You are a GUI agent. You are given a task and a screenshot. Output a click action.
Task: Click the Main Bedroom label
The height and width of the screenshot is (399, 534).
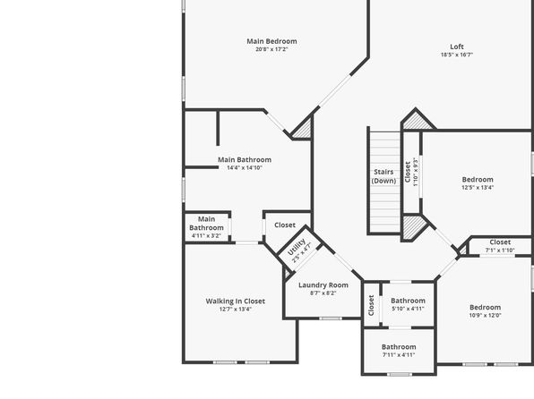click(x=271, y=41)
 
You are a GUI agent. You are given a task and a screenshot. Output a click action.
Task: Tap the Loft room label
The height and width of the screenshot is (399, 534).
click(x=457, y=47)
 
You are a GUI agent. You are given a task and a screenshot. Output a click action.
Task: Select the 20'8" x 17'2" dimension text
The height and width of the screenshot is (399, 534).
click(x=271, y=49)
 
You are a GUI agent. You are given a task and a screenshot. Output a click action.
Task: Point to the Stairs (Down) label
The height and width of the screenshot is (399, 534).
click(x=383, y=176)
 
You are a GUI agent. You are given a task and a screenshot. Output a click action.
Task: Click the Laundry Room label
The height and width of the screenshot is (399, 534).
click(x=323, y=285)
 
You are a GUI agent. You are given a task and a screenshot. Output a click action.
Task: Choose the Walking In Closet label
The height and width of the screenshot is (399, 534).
click(x=236, y=301)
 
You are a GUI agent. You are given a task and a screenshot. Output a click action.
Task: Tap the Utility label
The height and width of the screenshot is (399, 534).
click(x=296, y=247)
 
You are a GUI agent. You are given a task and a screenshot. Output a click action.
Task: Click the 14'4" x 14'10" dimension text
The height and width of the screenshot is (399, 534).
click(x=245, y=167)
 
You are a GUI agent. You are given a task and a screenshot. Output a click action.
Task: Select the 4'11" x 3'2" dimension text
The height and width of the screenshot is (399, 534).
click(x=206, y=235)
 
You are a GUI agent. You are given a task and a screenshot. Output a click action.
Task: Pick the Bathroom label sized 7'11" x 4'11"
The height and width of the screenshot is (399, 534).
click(x=399, y=347)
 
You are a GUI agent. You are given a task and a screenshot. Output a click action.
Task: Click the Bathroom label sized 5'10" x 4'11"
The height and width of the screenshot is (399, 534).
click(x=408, y=301)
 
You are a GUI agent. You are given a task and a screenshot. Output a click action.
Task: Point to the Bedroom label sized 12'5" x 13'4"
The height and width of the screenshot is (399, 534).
click(x=478, y=180)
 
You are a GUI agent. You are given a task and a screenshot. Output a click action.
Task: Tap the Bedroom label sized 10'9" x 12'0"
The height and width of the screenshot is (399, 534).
click(x=486, y=308)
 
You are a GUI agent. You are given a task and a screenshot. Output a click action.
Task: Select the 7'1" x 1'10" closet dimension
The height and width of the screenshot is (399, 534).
click(x=500, y=250)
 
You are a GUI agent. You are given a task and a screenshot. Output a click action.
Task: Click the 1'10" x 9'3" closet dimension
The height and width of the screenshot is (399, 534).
click(x=415, y=172)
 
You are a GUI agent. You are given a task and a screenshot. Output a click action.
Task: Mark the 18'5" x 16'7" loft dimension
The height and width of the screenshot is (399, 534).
click(x=457, y=55)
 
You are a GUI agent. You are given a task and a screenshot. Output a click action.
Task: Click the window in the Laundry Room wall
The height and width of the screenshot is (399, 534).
click(x=331, y=318)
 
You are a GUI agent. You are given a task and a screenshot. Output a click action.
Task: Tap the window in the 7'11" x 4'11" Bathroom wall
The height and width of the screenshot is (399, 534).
click(x=400, y=375)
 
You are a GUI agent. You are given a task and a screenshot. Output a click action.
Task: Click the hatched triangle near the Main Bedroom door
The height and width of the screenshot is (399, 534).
click(x=304, y=129)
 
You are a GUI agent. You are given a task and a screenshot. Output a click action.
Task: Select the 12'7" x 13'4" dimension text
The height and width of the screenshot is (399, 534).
click(x=236, y=310)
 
